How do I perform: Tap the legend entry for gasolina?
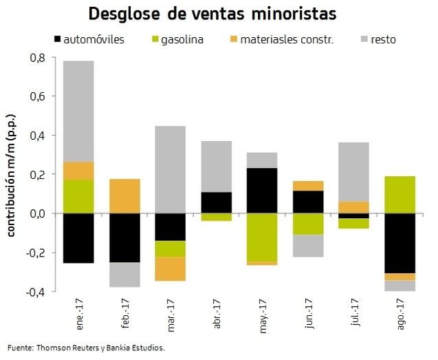182,39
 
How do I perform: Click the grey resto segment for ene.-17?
78,111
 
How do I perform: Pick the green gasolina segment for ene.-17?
78,196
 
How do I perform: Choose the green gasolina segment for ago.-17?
399,195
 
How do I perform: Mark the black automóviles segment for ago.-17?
399,243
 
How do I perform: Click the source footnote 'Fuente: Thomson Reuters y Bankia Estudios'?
87,347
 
